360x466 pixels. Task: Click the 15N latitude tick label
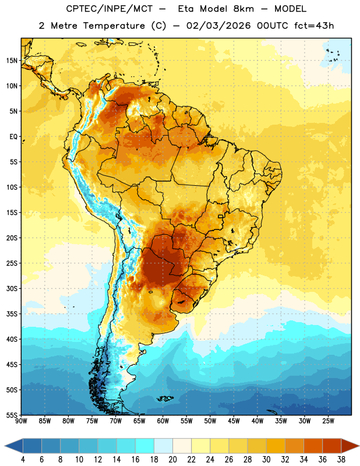[x=12, y=61]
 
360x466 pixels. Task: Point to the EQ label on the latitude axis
[x=13, y=137]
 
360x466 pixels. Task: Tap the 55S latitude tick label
[x=12, y=415]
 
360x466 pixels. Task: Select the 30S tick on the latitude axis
[x=12, y=288]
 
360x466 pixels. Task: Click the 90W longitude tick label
[x=21, y=421]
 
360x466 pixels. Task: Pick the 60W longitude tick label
[x=163, y=421]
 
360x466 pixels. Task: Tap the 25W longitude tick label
[x=328, y=421]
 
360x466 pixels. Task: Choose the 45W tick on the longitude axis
[x=234, y=421]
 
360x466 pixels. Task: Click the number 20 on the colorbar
[x=172, y=460]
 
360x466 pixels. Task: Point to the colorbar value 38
[x=341, y=460]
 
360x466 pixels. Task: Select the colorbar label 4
[x=23, y=460]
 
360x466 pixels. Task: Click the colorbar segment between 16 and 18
[x=144, y=446]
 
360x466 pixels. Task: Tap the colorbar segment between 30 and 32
[x=276, y=446]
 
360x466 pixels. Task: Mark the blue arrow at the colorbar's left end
[x=14, y=446]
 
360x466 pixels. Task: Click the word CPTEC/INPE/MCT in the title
[x=109, y=9]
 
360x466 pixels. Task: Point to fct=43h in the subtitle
[x=314, y=26]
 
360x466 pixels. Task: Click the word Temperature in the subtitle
[x=114, y=26]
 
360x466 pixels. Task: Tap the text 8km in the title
[x=243, y=9]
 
